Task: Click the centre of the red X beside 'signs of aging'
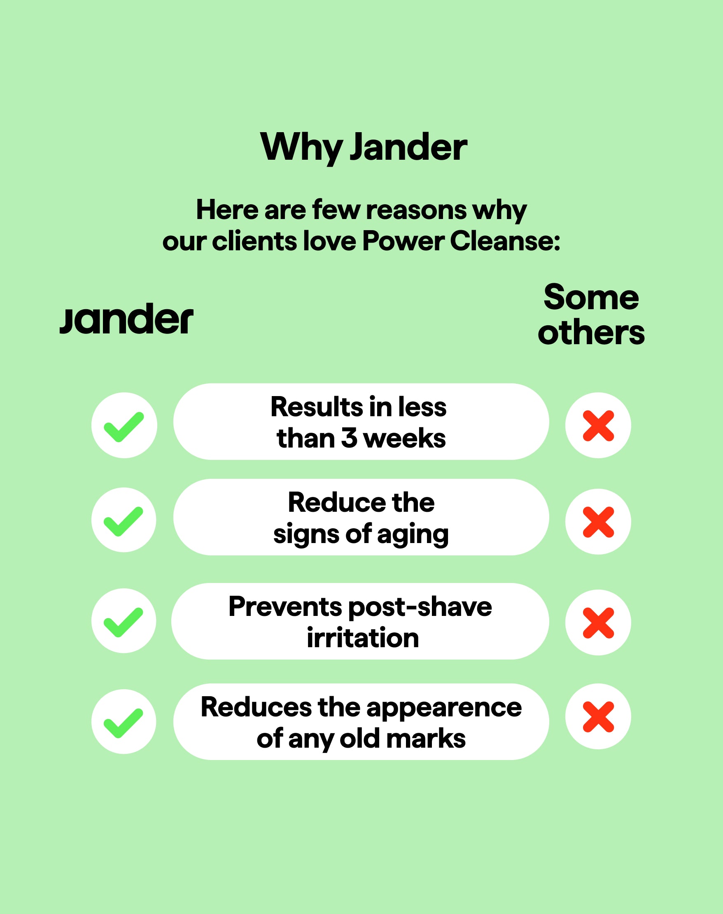tap(598, 522)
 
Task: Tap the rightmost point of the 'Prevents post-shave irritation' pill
tap(549, 621)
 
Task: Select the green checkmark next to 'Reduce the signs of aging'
tap(124, 521)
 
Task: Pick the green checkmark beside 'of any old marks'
tap(124, 723)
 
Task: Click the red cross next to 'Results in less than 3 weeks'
tap(598, 425)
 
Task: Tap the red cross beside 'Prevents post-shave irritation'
tap(598, 623)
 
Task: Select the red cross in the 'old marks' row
tap(598, 717)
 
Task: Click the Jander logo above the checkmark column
tap(126, 319)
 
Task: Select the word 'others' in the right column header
tap(591, 333)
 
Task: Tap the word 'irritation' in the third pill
tap(363, 638)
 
